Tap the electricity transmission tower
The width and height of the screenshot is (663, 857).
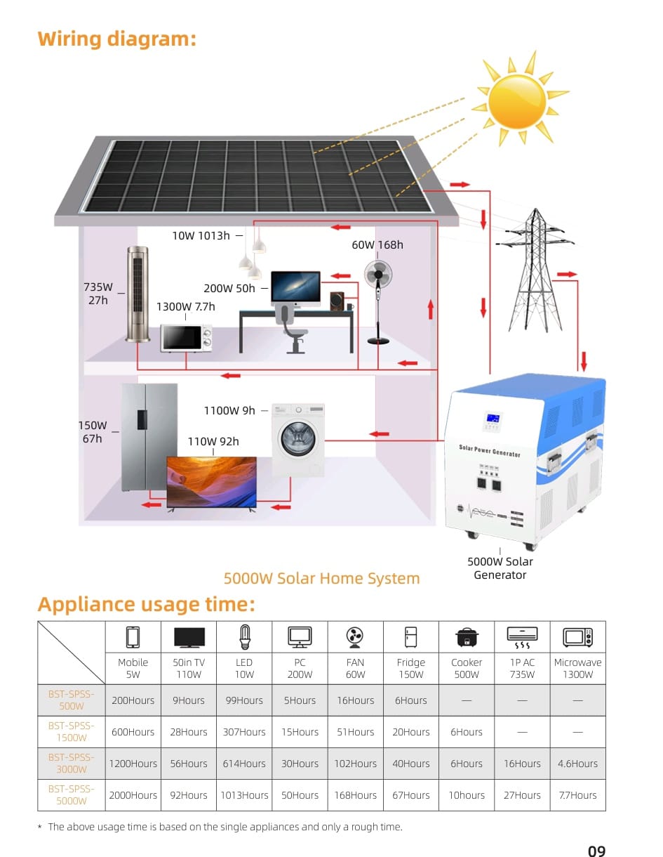tap(535, 270)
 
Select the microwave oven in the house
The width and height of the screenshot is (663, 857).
tap(186, 338)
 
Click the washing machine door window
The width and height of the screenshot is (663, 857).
tap(298, 438)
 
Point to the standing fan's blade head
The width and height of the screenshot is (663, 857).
tap(378, 274)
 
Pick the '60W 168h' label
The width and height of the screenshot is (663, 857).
tap(377, 245)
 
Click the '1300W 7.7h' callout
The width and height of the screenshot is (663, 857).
tap(186, 306)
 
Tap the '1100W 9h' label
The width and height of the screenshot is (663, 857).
tap(229, 410)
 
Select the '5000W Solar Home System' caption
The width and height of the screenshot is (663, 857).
tap(321, 579)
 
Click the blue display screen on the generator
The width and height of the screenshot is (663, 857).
tap(493, 418)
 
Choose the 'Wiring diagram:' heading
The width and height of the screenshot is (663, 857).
tap(117, 39)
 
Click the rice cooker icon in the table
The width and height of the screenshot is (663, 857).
tap(467, 637)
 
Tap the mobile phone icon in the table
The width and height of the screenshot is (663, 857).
tap(133, 637)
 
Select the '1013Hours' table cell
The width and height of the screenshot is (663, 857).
tap(244, 795)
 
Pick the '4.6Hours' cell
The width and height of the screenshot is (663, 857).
tap(577, 764)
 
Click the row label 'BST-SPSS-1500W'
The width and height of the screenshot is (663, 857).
tap(72, 731)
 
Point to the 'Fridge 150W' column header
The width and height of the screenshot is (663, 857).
tap(411, 668)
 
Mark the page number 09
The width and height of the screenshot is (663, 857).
tap(597, 850)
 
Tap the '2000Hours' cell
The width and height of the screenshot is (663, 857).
tap(133, 795)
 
